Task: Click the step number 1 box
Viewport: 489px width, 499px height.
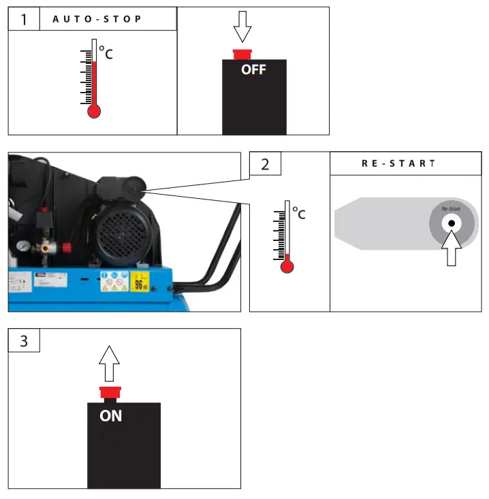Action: coord(24,19)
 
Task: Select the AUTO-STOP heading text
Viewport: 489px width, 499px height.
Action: coord(97,19)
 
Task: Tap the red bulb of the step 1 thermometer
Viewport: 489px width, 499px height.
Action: coord(94,111)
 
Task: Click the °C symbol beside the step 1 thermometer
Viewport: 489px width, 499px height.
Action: coord(106,52)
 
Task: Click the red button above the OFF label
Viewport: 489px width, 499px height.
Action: coord(242,54)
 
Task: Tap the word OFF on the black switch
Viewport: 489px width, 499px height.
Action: coord(253,69)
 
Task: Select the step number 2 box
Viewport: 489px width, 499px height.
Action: coord(265,164)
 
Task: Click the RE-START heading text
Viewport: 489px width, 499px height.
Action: coord(398,164)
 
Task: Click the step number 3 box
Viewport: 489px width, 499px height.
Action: coord(24,340)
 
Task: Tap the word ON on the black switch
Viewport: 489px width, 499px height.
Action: coord(111,415)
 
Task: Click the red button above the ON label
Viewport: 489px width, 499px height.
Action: coord(110,392)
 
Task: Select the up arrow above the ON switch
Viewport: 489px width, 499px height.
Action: coord(110,363)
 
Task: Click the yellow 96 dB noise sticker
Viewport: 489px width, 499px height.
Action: coord(140,281)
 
